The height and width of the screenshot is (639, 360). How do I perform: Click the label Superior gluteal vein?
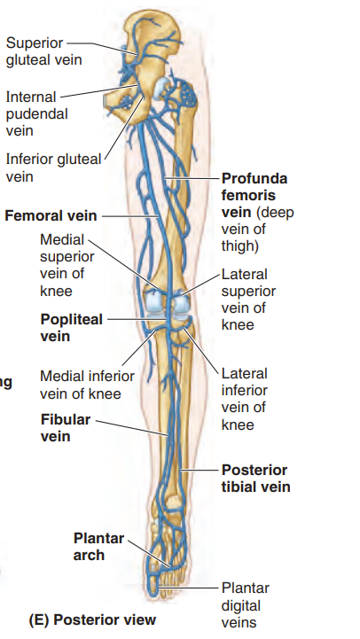pos(43,51)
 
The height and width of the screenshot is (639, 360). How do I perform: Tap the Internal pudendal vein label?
pos(36,113)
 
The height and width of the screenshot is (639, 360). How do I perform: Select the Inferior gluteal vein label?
pos(53,168)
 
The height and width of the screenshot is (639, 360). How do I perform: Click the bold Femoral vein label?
pos(51,215)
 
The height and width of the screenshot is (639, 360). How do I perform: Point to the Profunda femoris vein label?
pos(257,212)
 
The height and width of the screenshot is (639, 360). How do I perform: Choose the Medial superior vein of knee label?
pos(67,265)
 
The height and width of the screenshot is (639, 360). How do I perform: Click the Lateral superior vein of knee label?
pos(248,300)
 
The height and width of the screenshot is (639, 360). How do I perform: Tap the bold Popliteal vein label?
pos(71,328)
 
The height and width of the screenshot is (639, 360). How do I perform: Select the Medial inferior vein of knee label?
pos(87,385)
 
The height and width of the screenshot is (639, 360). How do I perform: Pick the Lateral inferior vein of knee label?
pos(245,399)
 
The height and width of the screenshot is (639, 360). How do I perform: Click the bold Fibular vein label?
pos(66,427)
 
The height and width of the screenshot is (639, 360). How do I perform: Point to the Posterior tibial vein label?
pos(255,478)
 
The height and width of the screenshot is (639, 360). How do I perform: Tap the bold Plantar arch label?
pos(98,547)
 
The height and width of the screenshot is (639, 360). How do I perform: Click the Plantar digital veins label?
pos(246,605)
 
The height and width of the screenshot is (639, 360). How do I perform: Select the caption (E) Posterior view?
pos(92,620)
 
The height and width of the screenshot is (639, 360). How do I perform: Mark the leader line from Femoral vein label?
pos(130,216)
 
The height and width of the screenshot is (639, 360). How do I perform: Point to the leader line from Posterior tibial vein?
pos(200,470)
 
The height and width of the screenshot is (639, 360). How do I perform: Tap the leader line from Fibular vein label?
pos(132,428)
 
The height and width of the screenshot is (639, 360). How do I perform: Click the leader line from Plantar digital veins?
pos(189,588)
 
